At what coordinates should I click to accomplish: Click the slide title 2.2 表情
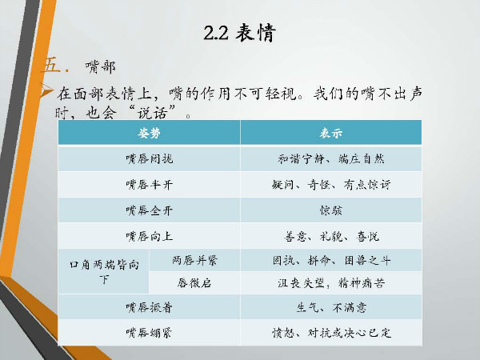pos(240,33)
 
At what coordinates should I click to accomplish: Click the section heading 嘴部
pos(101,66)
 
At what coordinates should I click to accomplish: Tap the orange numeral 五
pos(52,65)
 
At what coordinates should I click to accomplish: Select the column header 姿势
pos(149,133)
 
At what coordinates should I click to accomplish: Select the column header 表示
pos(331,133)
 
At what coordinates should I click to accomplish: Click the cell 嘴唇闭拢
pos(149,159)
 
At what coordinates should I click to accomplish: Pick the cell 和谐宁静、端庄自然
pos(331,159)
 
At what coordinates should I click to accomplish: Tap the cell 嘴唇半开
pos(149,185)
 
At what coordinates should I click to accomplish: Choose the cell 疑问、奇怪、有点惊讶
pos(331,185)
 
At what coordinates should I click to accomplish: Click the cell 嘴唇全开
pos(149,210)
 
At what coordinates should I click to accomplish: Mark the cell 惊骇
pos(331,210)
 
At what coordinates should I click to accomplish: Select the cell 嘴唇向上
pos(149,236)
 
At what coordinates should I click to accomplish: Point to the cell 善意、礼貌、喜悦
pos(331,236)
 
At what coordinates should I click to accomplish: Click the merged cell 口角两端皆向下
pos(104,272)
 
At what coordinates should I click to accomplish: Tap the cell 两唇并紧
pos(194,261)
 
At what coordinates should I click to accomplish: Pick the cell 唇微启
pos(194,283)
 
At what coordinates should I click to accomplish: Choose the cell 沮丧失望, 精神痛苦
pos(331,283)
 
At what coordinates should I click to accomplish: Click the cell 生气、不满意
pos(331,307)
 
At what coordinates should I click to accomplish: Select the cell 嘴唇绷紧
pos(149,333)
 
